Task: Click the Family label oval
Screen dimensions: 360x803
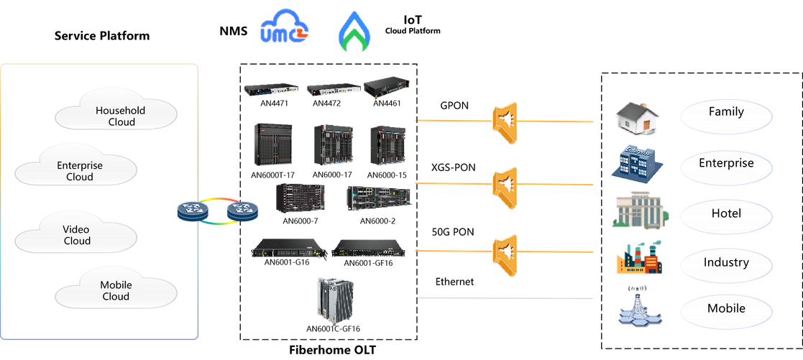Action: point(725,114)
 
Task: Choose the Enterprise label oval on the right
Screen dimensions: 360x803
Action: point(725,164)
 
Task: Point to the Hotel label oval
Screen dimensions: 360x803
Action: point(725,213)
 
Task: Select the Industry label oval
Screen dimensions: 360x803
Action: point(725,262)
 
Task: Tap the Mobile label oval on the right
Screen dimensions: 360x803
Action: point(725,310)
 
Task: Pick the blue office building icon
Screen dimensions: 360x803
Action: point(637,164)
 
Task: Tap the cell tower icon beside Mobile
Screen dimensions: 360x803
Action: point(637,307)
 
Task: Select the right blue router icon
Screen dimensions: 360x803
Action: point(242,211)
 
